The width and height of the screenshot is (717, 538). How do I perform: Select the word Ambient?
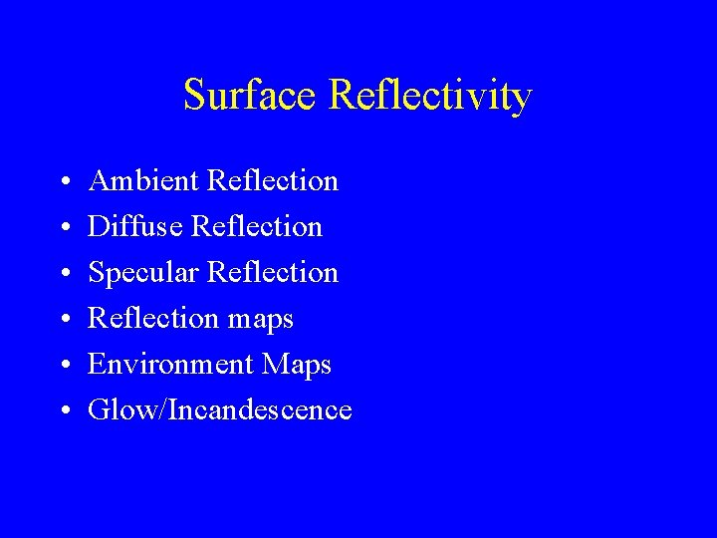[x=143, y=180]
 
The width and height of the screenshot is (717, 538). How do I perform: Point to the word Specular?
[x=143, y=272]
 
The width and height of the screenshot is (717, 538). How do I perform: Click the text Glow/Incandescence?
[x=220, y=409]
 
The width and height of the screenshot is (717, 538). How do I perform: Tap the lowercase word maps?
[x=260, y=320]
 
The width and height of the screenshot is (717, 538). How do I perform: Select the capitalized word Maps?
[x=297, y=366]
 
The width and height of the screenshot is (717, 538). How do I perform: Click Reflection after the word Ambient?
[x=273, y=180]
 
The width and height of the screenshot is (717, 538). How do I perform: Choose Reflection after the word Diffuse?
[x=257, y=226]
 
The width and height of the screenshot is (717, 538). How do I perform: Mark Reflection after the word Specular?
[x=273, y=272]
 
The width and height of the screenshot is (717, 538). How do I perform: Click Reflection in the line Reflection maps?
[x=152, y=318]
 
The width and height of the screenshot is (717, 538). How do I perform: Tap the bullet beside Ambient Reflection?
[x=63, y=182]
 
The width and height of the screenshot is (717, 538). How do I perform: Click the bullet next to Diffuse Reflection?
[x=63, y=228]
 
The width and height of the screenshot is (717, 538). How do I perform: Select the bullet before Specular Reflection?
[x=63, y=274]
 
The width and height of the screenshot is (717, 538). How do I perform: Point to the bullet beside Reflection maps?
[x=63, y=320]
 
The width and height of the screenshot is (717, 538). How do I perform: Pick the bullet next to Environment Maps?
[x=63, y=366]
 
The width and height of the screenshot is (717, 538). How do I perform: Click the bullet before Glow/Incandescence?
[x=63, y=411]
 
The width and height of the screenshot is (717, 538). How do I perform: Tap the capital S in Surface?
[x=194, y=96]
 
